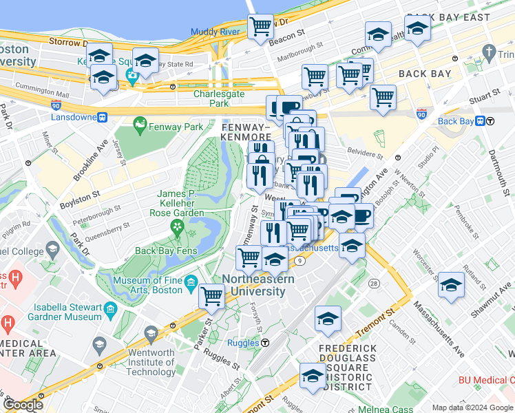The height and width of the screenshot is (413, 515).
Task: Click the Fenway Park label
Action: point(177,127)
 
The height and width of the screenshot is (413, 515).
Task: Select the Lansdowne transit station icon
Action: point(102,117)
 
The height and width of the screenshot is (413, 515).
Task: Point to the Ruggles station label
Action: point(244,341)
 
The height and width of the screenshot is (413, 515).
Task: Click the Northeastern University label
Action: point(257,285)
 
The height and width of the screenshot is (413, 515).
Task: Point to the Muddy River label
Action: point(215,32)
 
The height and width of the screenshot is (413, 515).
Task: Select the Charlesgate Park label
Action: point(220,98)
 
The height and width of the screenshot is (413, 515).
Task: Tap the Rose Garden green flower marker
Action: point(178,226)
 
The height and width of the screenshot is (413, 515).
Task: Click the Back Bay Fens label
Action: point(166,251)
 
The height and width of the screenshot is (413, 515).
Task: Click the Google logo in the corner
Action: point(23,405)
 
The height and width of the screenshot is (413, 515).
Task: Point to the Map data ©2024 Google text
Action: point(472,407)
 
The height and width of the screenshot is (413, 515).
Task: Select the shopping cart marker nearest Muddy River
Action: point(260,27)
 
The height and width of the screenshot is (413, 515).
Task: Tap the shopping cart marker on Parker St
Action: point(212,297)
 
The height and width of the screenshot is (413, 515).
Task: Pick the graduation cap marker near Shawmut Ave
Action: point(452,284)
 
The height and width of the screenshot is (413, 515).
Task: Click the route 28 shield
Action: point(374,284)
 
